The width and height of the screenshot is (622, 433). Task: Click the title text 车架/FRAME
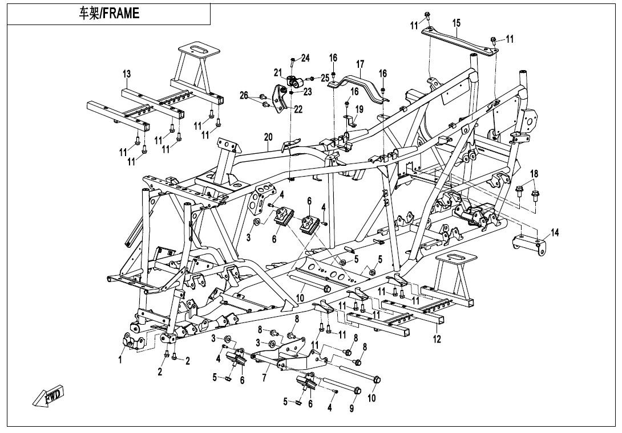click(108, 14)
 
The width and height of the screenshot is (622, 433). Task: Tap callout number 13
click(127, 74)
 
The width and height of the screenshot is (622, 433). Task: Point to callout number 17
click(360, 63)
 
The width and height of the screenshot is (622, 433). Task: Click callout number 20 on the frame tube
click(268, 137)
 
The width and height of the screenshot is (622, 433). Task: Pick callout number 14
click(555, 232)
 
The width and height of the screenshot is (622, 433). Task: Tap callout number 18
click(534, 173)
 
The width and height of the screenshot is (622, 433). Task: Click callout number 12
click(438, 340)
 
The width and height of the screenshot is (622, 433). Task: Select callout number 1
click(120, 360)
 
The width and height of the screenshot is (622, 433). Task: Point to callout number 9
click(352, 409)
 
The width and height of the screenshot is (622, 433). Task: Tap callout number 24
click(305, 58)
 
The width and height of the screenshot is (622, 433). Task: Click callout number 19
click(359, 109)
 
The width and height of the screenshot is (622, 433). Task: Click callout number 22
click(298, 109)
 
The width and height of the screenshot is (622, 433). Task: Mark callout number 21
click(278, 72)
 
